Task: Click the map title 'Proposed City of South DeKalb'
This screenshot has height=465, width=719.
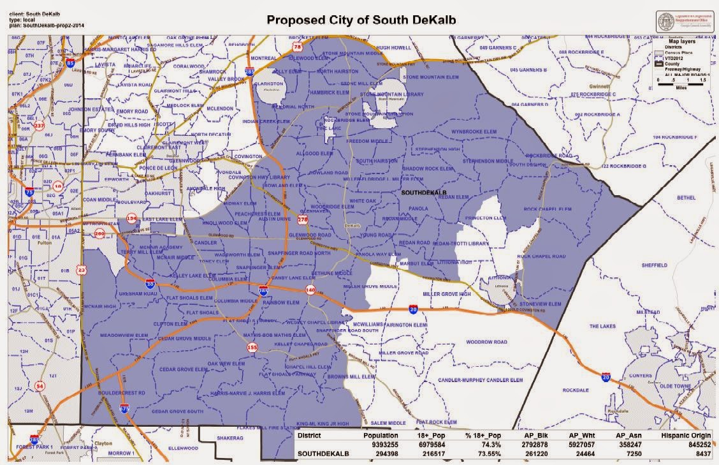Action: point(361,19)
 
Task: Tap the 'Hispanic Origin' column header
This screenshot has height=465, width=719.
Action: point(685,436)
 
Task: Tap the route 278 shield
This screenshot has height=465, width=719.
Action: point(302,220)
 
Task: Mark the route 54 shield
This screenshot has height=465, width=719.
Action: point(40,386)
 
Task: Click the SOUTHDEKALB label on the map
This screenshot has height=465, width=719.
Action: point(419,191)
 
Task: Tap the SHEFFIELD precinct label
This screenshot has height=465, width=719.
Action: point(654,265)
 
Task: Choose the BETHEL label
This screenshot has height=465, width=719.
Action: point(686,198)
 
